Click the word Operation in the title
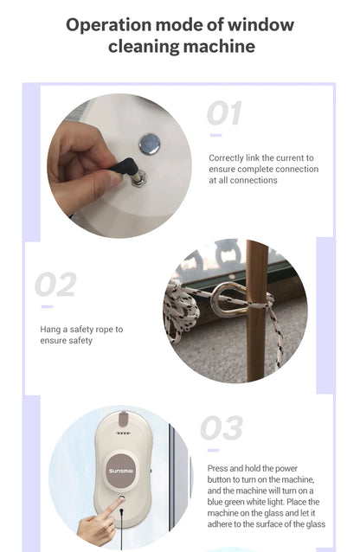pyautogui.click(x=108, y=25)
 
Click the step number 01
pyautogui.click(x=224, y=113)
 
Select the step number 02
pyautogui.click(x=55, y=284)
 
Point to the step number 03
pyautogui.click(x=222, y=427)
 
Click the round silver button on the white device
pyautogui.click(x=150, y=144)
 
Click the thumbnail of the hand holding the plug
pyautogui.click(x=119, y=166)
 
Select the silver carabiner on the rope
pyautogui.click(x=229, y=299)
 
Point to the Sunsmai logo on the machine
pyautogui.click(x=121, y=471)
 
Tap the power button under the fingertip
pyautogui.click(x=121, y=499)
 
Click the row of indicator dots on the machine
pyautogui.click(x=123, y=433)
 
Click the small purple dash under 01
pyautogui.click(x=215, y=135)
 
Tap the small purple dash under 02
pyautogui.click(x=47, y=306)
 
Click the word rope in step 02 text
pyautogui.click(x=104, y=330)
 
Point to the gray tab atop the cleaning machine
pyautogui.click(x=123, y=419)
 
